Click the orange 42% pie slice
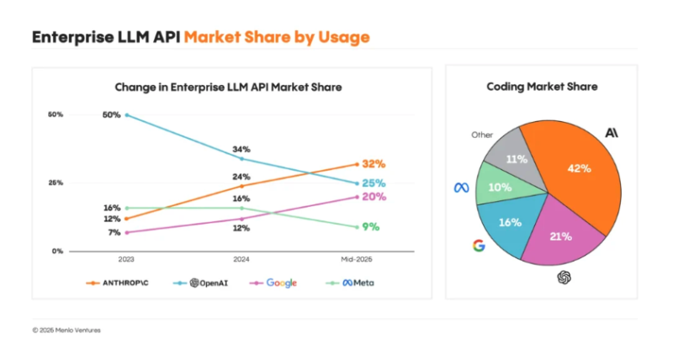[x=575, y=172]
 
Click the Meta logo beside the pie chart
[x=460, y=188]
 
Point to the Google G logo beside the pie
[x=479, y=246]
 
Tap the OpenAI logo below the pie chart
[x=564, y=278]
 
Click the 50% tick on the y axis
[x=56, y=114]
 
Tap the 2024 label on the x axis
[x=241, y=259]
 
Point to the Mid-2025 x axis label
[x=357, y=259]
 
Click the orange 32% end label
[x=374, y=164]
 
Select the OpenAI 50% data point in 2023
[x=126, y=114]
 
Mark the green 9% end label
[x=370, y=226]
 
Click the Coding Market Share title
[x=541, y=87]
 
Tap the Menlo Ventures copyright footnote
[x=66, y=330]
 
